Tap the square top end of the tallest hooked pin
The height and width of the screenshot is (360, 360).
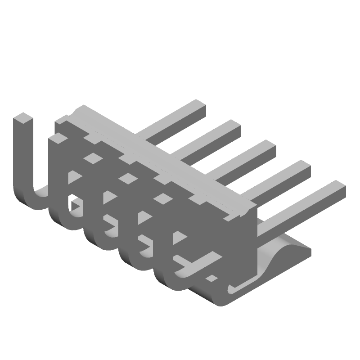click(x=23, y=119)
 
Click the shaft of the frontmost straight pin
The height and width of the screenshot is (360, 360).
click(x=297, y=211)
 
